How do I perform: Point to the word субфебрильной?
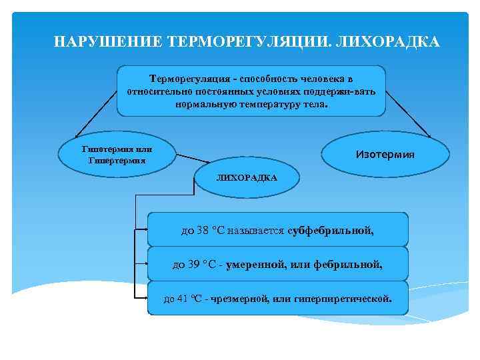331,231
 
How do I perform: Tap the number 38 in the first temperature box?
203,231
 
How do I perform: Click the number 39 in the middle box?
193,265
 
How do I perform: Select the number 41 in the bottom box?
183,299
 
